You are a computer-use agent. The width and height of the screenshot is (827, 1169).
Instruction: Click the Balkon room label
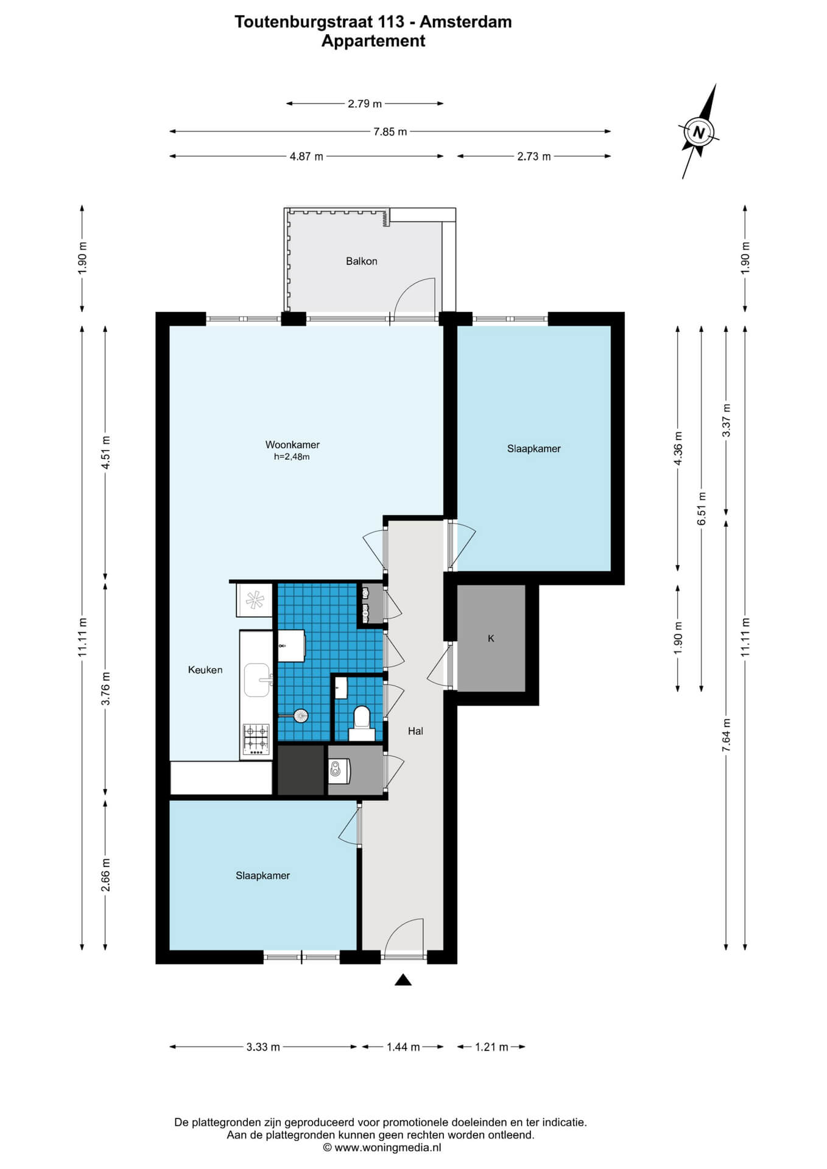[x=362, y=261]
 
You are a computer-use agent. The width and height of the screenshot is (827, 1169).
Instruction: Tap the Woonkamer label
[x=292, y=445]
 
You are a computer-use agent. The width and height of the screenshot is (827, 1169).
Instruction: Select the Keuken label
[x=205, y=670]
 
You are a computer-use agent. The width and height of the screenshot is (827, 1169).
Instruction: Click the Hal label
[x=415, y=731]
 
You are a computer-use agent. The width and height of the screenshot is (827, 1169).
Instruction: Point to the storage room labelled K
[x=491, y=639]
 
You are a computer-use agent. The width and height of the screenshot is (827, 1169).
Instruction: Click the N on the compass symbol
[x=699, y=132]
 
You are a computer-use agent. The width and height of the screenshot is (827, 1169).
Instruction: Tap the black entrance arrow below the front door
[x=403, y=980]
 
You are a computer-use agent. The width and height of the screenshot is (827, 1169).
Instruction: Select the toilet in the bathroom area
[x=362, y=722]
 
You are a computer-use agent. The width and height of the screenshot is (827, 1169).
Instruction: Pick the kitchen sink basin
[x=258, y=679]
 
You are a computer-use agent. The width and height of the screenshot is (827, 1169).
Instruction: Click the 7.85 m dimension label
[x=390, y=132]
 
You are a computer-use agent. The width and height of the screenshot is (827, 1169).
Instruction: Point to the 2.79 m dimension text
[x=365, y=104]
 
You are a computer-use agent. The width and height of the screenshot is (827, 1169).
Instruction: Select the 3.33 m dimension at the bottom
[x=263, y=1047]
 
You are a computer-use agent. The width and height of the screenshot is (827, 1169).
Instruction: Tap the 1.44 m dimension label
[x=403, y=1047]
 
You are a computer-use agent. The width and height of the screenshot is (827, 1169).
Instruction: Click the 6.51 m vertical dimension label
[x=702, y=508]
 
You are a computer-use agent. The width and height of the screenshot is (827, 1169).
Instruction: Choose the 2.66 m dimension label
[x=105, y=875]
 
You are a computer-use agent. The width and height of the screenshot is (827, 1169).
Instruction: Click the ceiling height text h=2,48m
[x=292, y=457]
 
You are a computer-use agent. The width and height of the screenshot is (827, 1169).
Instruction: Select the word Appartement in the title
[x=373, y=41]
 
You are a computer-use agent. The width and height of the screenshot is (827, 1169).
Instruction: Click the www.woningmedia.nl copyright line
[x=382, y=1148]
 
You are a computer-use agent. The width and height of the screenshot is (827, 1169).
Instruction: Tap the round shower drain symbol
[x=300, y=716]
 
